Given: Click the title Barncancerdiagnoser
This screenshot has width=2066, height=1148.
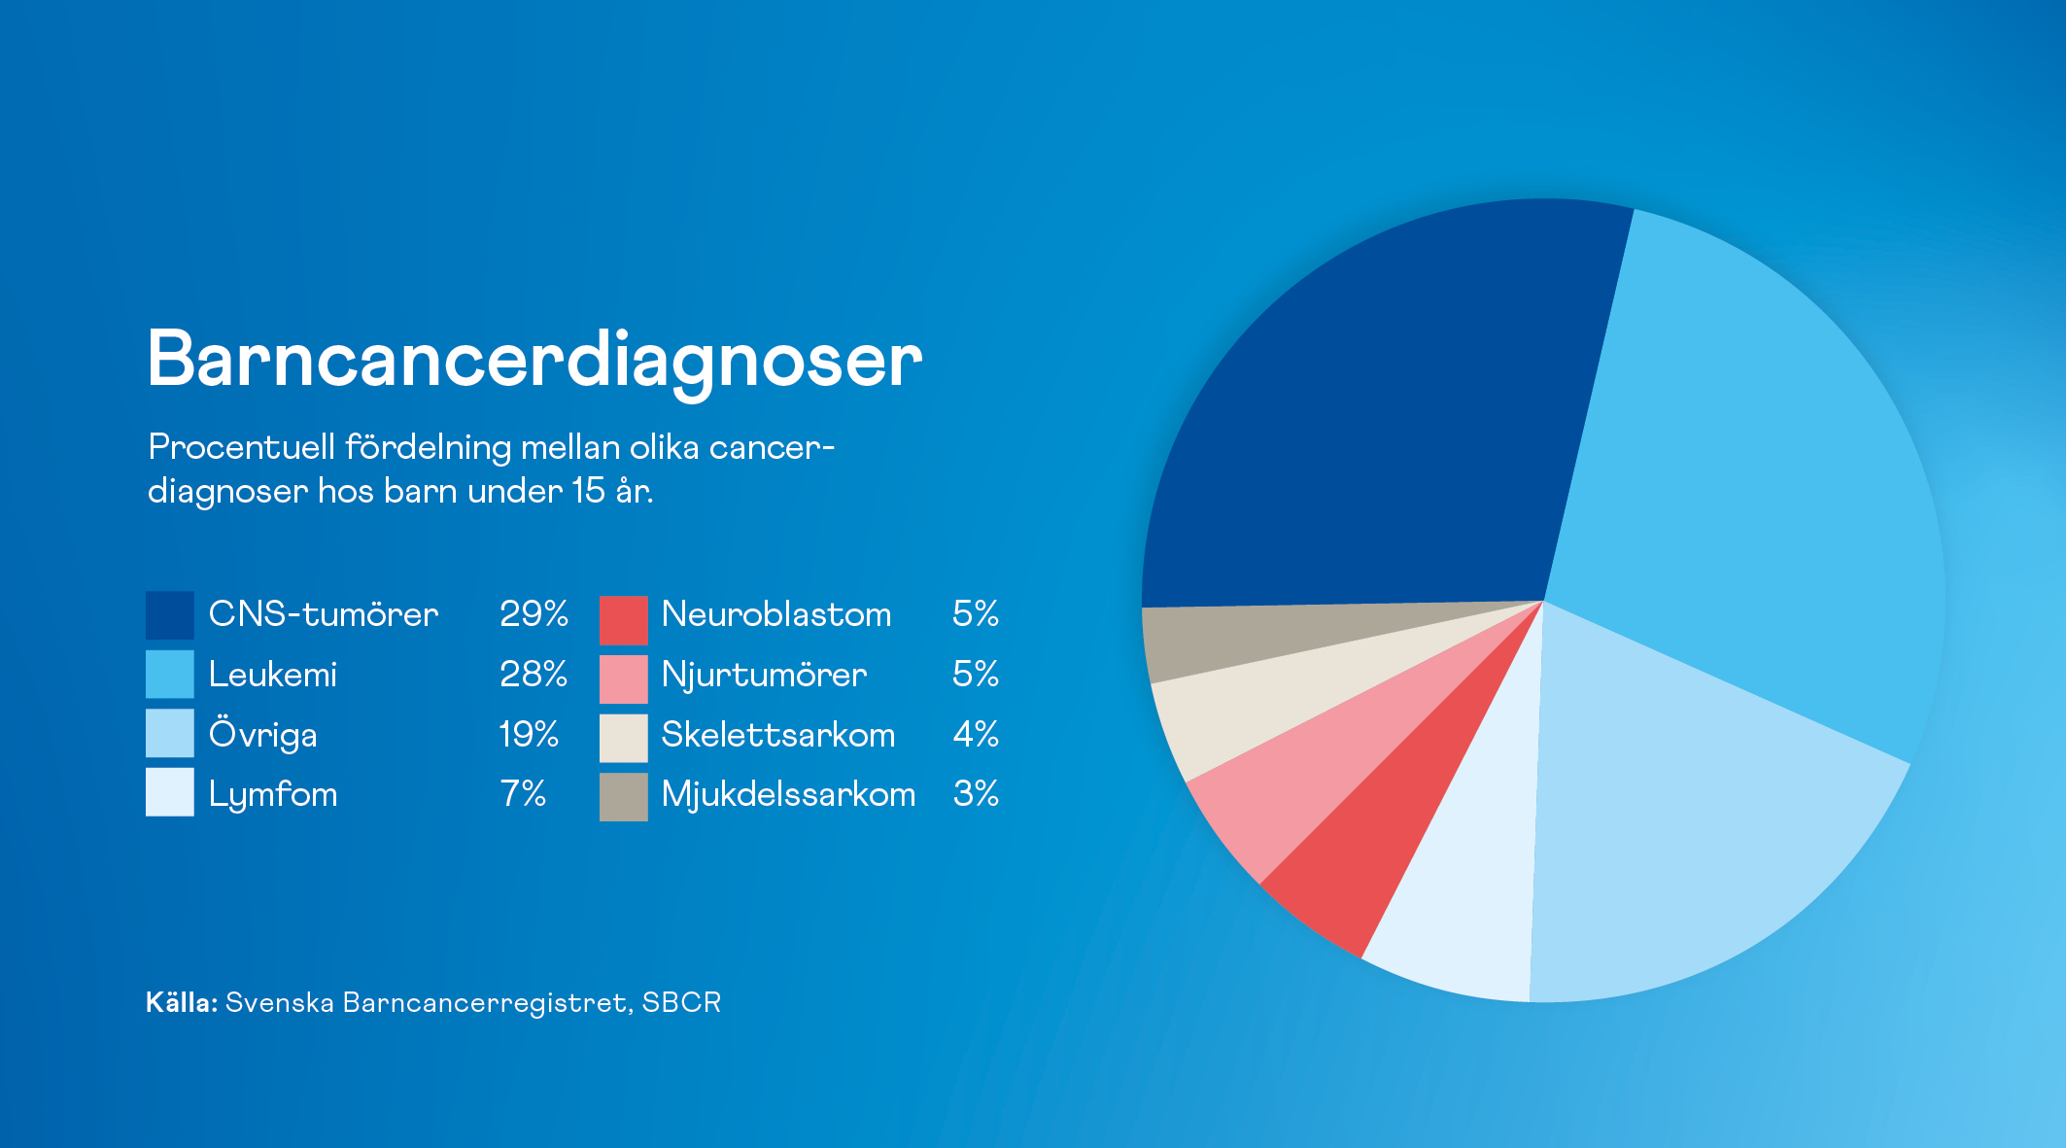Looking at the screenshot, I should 534,360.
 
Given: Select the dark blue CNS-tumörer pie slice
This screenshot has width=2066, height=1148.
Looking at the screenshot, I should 1380,428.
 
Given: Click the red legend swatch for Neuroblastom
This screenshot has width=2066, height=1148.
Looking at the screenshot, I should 623,619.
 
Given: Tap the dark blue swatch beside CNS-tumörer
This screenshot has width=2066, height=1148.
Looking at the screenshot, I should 169,614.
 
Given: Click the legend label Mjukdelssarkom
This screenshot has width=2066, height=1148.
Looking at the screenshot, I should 788,794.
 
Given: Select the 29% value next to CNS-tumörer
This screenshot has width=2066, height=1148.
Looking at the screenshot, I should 534,613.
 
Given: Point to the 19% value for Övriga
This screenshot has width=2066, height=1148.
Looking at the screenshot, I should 529,734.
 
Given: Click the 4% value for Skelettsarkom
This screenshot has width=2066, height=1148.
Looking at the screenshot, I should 976,734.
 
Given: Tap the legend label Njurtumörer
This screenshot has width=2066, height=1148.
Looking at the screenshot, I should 764,675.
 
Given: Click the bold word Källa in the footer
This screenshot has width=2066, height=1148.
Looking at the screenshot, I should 181,1002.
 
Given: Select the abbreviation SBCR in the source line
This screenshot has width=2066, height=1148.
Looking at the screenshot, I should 681,1002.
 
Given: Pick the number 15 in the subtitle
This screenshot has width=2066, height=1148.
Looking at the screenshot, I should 588,491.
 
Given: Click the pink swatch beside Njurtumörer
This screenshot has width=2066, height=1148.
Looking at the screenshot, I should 623,678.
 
